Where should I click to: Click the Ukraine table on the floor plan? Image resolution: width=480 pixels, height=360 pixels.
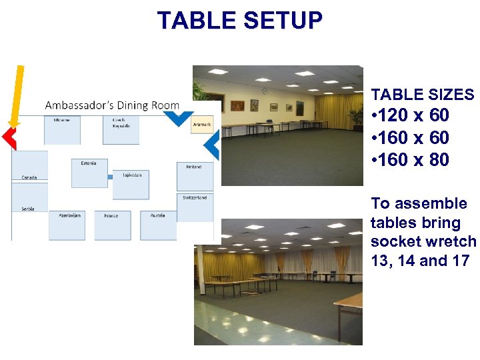coord(62,129)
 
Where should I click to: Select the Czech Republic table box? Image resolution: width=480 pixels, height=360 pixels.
coord(121,130)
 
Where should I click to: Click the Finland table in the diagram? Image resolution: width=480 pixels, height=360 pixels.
coord(195,176)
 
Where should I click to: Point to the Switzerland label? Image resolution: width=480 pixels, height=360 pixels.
coord(195,198)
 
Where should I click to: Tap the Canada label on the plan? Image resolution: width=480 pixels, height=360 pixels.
coord(29,177)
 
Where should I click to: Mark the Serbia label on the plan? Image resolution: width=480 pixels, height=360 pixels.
coord(27,209)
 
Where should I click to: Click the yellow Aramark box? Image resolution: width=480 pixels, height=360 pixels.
coord(201,124)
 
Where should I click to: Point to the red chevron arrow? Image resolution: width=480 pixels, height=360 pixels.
coord(8,138)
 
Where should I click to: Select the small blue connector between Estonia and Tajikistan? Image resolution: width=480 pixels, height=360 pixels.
coord(110,177)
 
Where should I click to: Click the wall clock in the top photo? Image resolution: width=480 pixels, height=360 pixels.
coord(265,91)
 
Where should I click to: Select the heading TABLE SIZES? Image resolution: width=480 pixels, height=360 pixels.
coord(423,95)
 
